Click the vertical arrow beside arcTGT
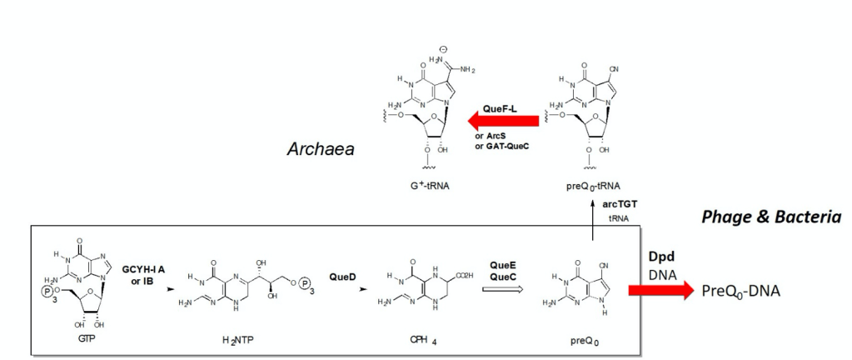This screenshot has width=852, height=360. (592, 224)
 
